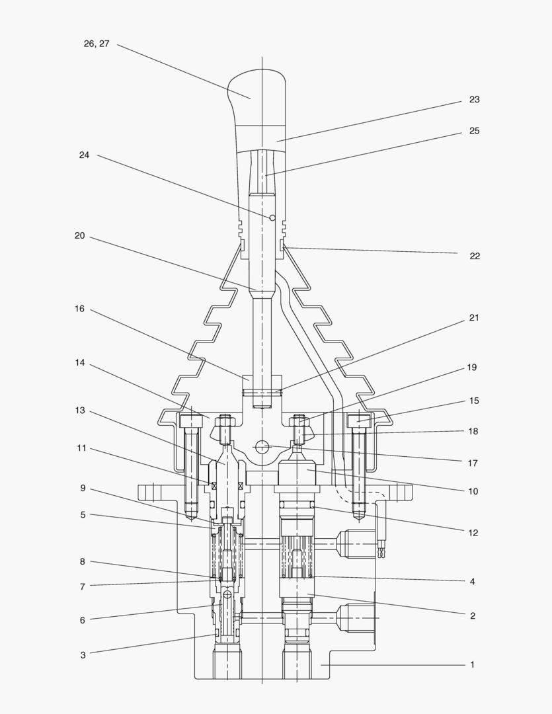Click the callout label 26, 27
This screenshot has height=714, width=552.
click(97, 44)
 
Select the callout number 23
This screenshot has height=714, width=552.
click(474, 100)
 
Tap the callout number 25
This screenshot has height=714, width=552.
click(474, 131)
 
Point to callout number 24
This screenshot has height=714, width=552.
click(84, 155)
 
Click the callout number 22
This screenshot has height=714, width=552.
click(474, 256)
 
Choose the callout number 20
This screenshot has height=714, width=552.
click(79, 235)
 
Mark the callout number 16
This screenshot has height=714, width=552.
click(79, 309)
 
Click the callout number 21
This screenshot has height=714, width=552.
click(473, 318)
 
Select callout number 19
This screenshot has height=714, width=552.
click(471, 368)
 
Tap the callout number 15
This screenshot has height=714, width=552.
click(473, 401)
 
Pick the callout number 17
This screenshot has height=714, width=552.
click(472, 463)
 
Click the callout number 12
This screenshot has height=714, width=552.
click(473, 533)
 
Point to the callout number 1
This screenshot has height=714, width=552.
click(472, 664)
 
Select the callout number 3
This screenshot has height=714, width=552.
click(83, 655)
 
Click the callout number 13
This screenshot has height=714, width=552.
click(79, 411)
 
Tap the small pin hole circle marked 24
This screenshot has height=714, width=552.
click(272, 218)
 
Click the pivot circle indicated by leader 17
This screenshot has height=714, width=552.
click(263, 447)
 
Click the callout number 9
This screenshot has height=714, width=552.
click(83, 489)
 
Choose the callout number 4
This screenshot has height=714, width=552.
click(472, 582)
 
